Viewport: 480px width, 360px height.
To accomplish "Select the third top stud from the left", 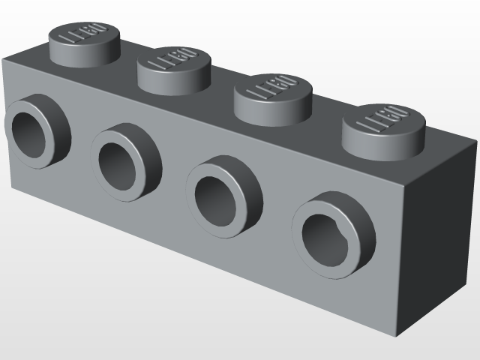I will coord(273,95).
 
